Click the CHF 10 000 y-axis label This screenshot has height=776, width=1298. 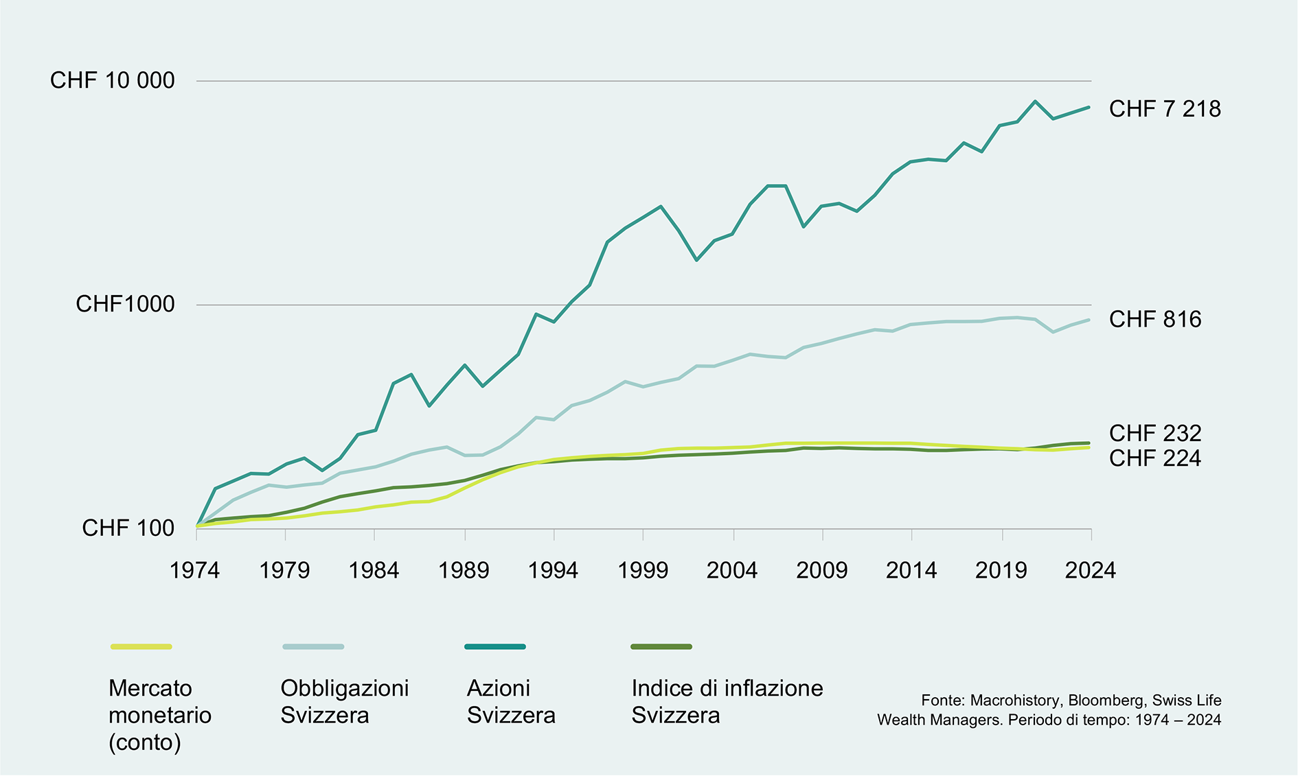click(x=113, y=80)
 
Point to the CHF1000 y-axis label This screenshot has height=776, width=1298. click(x=125, y=304)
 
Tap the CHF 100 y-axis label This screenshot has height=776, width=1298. click(x=128, y=528)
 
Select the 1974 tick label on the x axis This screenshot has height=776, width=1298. click(x=195, y=570)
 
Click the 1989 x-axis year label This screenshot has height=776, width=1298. click(x=464, y=570)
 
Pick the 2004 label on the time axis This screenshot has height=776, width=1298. click(x=732, y=570)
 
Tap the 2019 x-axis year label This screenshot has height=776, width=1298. click(x=1001, y=570)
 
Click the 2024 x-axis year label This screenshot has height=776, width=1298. click(x=1091, y=570)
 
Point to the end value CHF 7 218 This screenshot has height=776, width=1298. click(x=1165, y=108)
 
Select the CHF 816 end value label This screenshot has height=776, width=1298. click(x=1156, y=319)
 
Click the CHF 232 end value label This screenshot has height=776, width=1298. click(x=1156, y=433)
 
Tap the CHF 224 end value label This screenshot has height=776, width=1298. click(x=1156, y=458)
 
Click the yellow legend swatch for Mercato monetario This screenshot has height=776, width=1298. click(x=141, y=646)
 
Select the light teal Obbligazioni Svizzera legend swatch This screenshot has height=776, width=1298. click(x=313, y=646)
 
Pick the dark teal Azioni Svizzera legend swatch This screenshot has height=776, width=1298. click(x=495, y=646)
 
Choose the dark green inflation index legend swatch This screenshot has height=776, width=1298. click(x=661, y=646)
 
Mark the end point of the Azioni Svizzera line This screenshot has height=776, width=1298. click(x=1089, y=107)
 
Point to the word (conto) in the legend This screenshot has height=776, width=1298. click(x=145, y=742)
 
